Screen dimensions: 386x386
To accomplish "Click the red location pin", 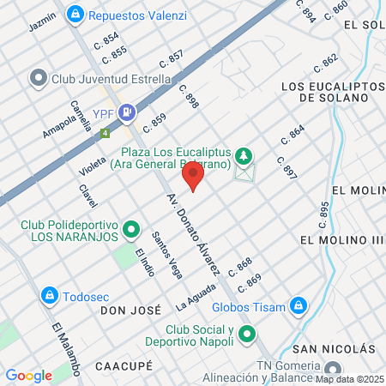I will pos(193,177).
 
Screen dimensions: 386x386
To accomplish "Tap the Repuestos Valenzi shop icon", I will pos(75,14).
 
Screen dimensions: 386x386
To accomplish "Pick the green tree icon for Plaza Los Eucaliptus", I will pos(245,155).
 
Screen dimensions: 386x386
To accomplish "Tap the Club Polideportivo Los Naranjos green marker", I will pos(131,229).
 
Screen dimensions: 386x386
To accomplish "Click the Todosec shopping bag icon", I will pos(50,295).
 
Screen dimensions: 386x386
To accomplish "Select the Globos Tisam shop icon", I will pos(298,305).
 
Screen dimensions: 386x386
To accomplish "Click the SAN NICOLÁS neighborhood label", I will pos(334,349).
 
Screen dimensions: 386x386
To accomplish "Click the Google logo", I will pos(28,375).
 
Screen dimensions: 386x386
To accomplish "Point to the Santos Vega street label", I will pos(166,250).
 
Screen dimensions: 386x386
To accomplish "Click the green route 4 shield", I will pos(105,134).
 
